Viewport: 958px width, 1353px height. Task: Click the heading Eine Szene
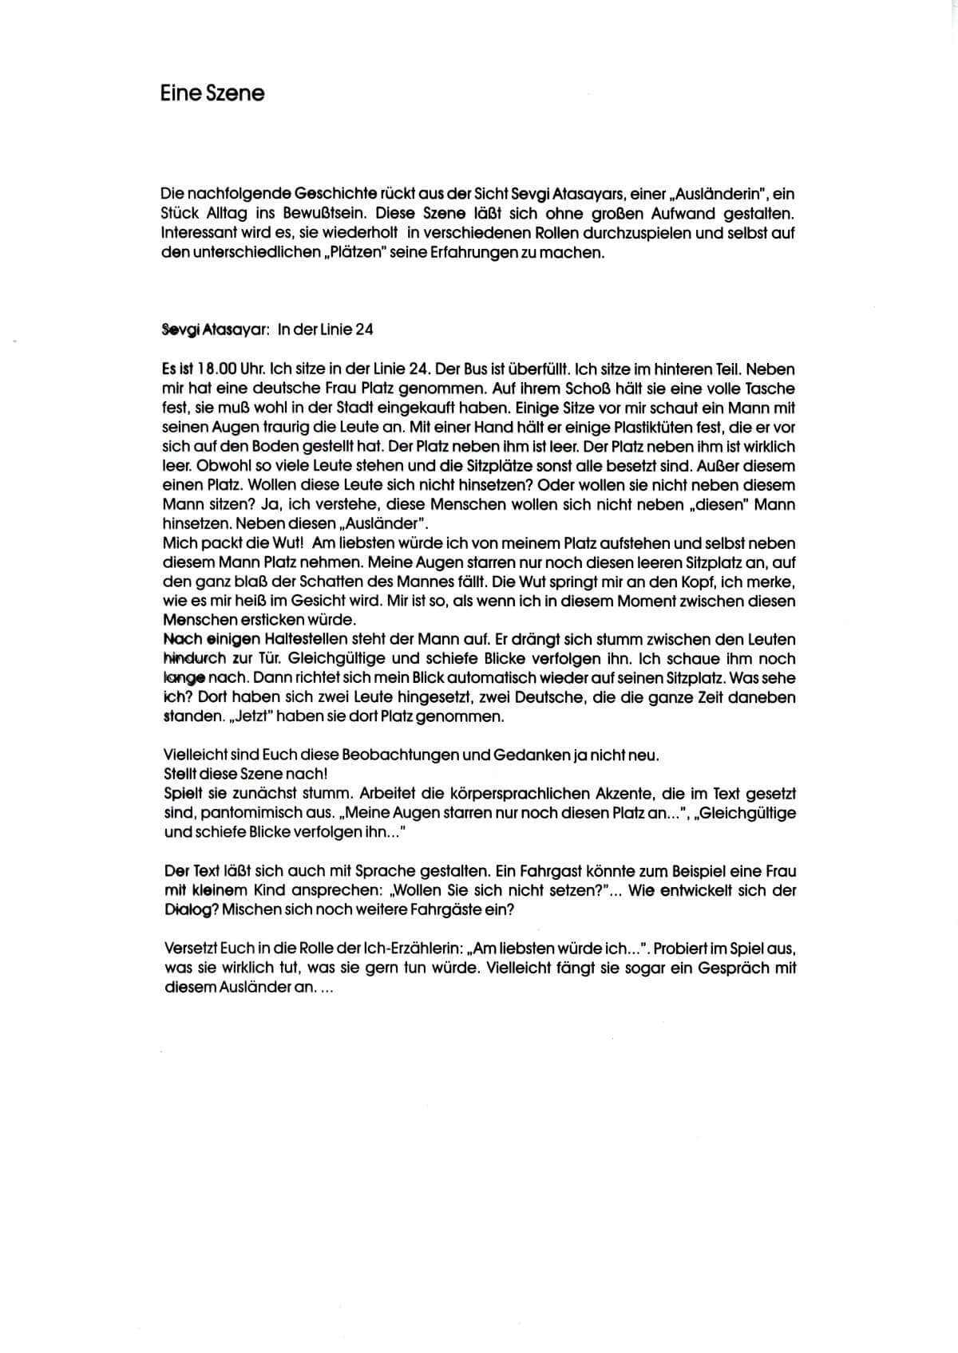click(x=212, y=93)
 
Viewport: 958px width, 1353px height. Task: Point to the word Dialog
click(x=186, y=909)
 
